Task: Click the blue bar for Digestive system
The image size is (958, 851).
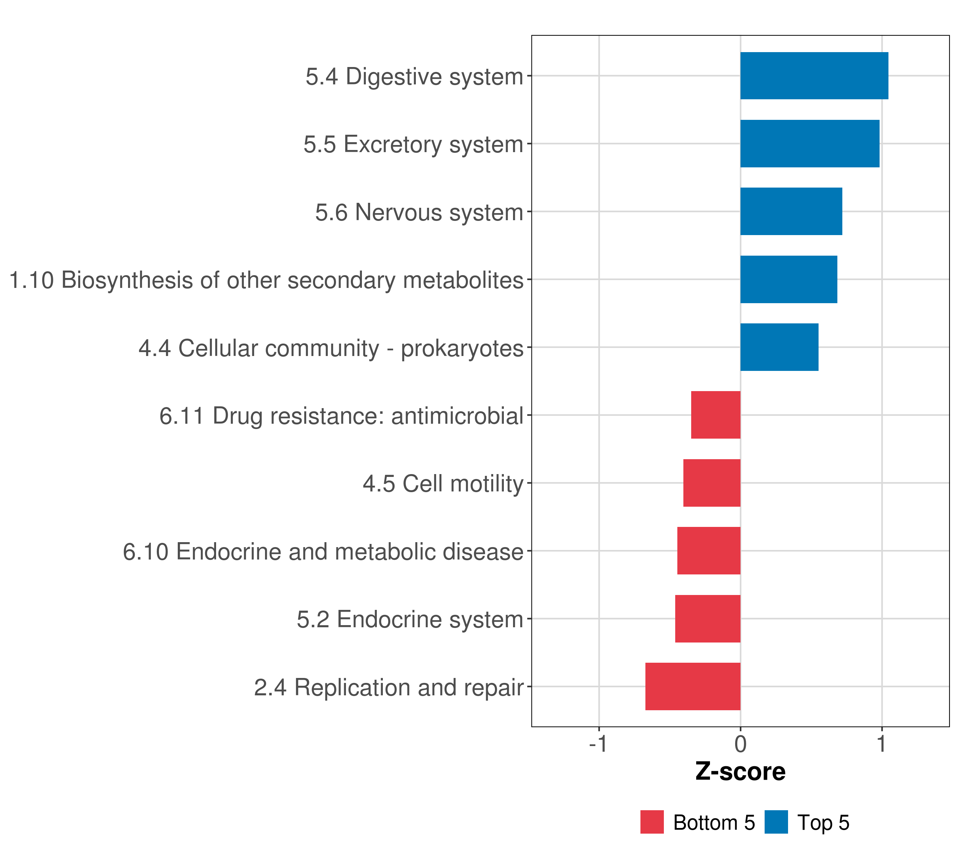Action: pyautogui.click(x=814, y=76)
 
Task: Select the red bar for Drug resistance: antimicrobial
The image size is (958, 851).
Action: pyautogui.click(x=716, y=415)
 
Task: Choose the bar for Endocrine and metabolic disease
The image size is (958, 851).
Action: pyautogui.click(x=709, y=551)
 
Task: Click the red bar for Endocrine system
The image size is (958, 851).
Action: pyautogui.click(x=708, y=619)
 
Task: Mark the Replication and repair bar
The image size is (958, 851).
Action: pyautogui.click(x=693, y=686)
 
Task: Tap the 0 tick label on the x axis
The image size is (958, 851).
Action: pyautogui.click(x=740, y=744)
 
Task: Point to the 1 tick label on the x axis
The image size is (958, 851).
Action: pyautogui.click(x=882, y=744)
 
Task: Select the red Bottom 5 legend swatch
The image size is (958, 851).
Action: pyautogui.click(x=652, y=822)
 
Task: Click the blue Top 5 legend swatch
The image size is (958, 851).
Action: pyautogui.click(x=776, y=822)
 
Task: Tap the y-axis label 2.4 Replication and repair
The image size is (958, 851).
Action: pyautogui.click(x=389, y=688)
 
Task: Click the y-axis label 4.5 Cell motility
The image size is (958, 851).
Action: pyautogui.click(x=443, y=484)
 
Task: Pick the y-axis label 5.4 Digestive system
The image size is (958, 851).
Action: pyautogui.click(x=414, y=77)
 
